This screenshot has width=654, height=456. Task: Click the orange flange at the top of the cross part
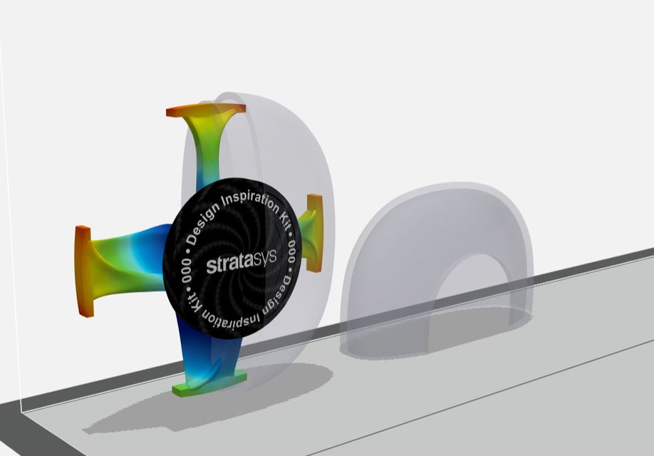tap(206, 110)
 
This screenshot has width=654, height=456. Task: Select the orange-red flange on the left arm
tap(83, 271)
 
